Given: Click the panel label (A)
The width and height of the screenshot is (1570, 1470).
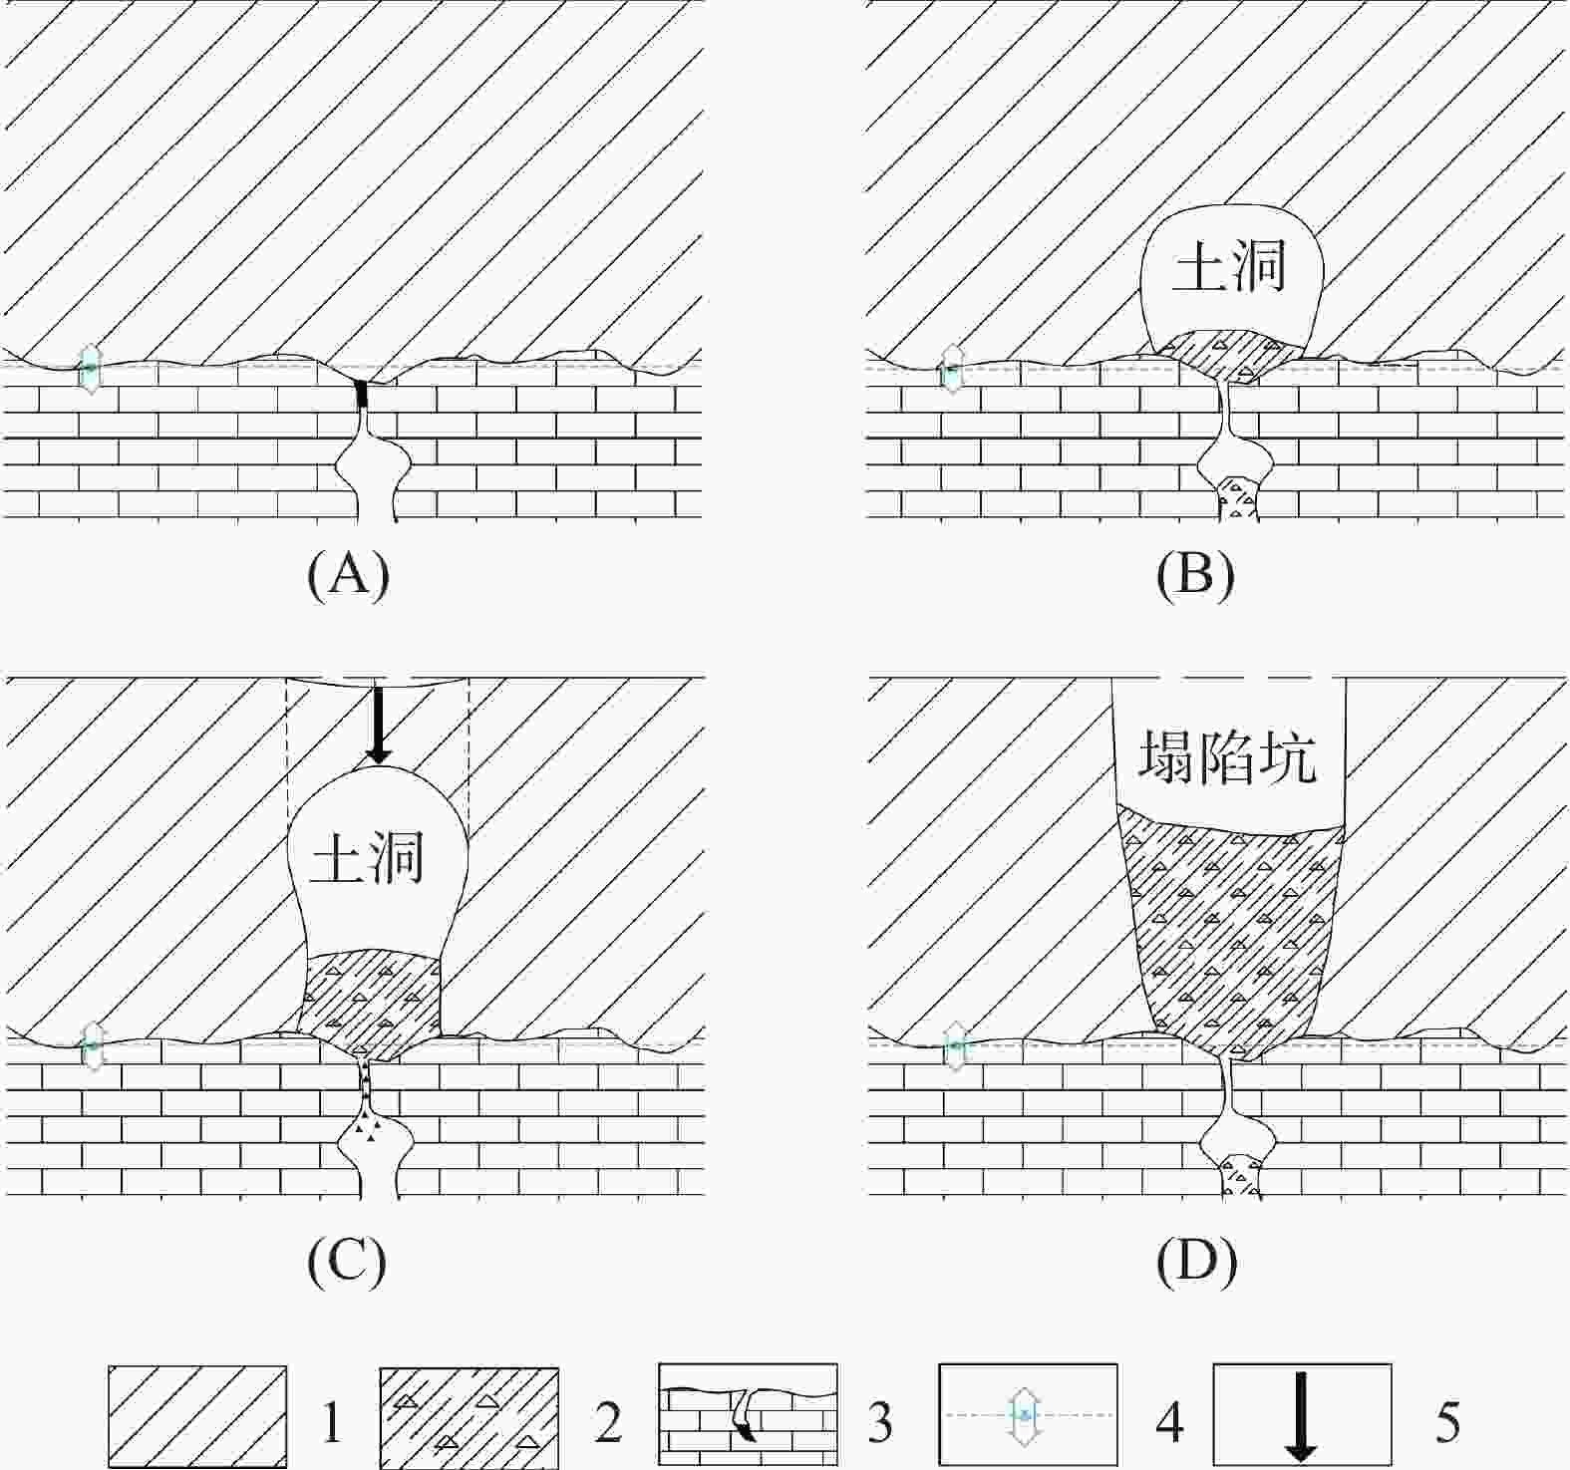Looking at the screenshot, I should point(348,576).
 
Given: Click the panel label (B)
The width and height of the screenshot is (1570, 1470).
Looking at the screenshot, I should point(1196,576).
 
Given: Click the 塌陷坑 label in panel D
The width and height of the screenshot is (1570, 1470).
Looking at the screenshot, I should point(1227,758).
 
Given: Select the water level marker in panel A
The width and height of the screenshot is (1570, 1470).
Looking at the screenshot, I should point(90,368).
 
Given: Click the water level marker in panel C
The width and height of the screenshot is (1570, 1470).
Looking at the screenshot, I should point(92,1045).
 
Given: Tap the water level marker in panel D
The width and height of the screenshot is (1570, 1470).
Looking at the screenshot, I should point(955,1045).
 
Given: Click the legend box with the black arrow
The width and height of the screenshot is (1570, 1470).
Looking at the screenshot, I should point(1301,1414).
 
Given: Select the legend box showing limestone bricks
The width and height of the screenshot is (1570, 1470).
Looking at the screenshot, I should point(747,1414).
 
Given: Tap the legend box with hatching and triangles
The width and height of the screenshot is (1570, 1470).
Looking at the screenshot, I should point(468,1416).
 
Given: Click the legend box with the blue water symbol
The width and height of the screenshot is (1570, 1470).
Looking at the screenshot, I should point(1028,1414).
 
